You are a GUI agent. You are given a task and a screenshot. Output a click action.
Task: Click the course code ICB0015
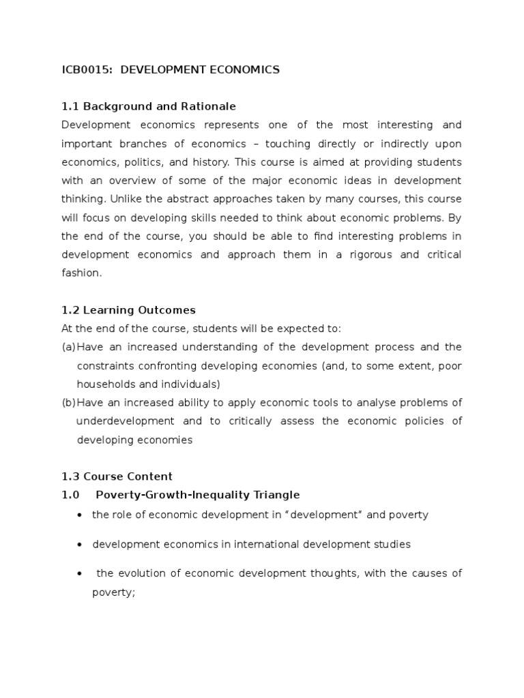coord(87,70)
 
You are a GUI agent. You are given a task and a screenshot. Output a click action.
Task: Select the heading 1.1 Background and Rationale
coord(149,106)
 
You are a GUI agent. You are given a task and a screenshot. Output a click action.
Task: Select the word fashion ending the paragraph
coord(80,273)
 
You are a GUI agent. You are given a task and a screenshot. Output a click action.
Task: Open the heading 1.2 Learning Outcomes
coord(128,309)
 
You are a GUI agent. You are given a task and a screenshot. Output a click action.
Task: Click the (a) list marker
coord(68,347)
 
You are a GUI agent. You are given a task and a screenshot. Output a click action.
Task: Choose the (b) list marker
coord(68,402)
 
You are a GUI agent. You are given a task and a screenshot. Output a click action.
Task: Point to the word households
coord(105,384)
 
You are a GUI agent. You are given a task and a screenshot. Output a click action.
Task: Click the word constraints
coord(104,365)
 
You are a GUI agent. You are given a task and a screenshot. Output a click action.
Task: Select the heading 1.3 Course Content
coord(117,476)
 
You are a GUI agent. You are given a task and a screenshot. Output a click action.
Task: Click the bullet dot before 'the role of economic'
coord(81,515)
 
